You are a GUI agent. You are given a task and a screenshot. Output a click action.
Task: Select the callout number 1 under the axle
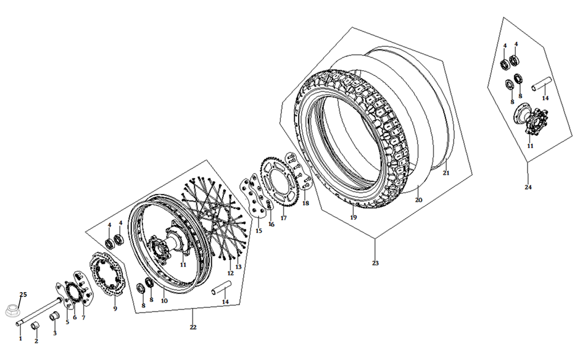pyautogui.click(x=20, y=338)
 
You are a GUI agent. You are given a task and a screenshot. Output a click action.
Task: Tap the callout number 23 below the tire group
pyautogui.click(x=376, y=263)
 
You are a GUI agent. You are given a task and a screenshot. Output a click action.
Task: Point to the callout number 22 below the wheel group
pyautogui.click(x=193, y=327)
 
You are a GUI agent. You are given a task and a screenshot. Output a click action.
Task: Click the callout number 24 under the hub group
pyautogui.click(x=528, y=187)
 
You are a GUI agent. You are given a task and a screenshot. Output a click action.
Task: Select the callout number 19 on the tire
pyautogui.click(x=354, y=217)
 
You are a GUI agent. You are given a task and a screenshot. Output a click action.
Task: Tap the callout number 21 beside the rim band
pyautogui.click(x=446, y=173)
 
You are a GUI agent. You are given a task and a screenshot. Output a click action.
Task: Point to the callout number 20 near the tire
pyautogui.click(x=418, y=200)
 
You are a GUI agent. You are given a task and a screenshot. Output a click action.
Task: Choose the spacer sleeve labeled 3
pyautogui.click(x=53, y=317)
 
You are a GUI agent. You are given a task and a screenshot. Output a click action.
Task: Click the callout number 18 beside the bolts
pyautogui.click(x=305, y=203)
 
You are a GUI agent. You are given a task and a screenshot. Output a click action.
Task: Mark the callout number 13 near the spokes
pyautogui.click(x=238, y=267)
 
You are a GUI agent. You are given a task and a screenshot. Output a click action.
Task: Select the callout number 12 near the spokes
pyautogui.click(x=230, y=273)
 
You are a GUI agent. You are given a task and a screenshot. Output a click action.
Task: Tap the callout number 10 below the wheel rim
pyautogui.click(x=164, y=301)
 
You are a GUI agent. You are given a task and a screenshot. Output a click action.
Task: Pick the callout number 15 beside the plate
pyautogui.click(x=259, y=231)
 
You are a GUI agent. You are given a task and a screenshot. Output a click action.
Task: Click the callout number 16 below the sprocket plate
pyautogui.click(x=271, y=224)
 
